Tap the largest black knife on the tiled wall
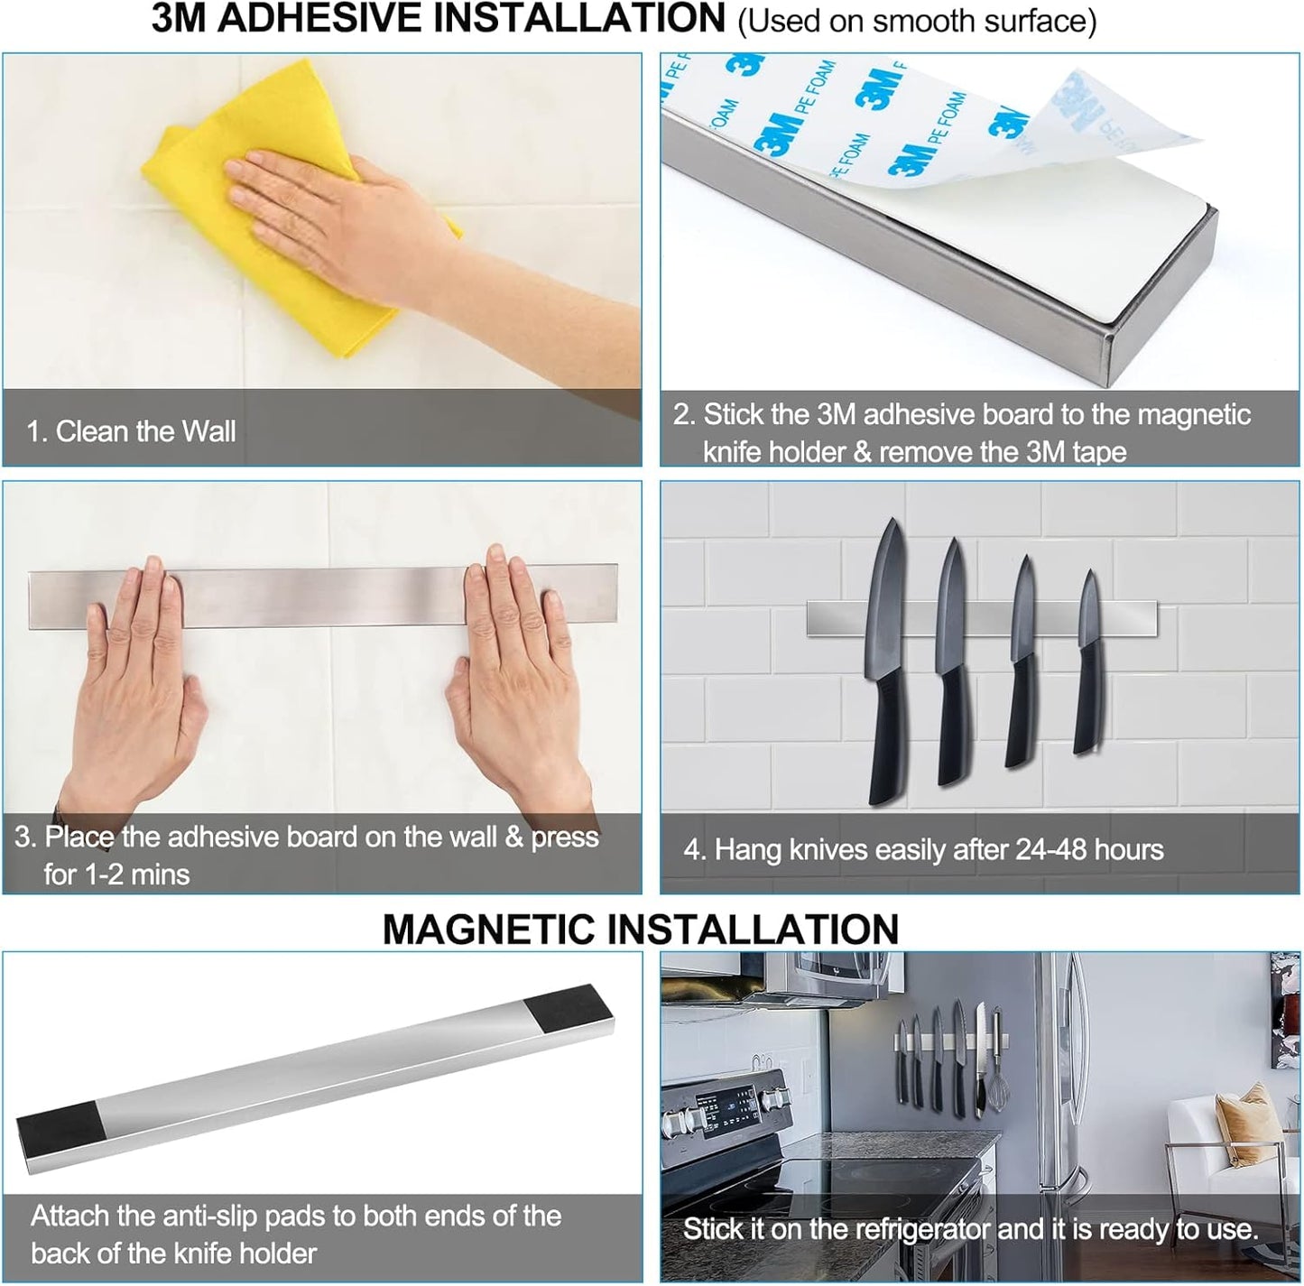885,668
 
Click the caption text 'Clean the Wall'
145,431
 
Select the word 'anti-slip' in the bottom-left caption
244,1216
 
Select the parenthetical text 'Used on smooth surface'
917,21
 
